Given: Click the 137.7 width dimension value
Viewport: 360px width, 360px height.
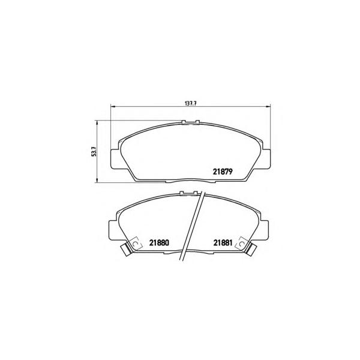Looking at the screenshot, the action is pos(191,103).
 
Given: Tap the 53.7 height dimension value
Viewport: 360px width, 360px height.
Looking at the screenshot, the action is pos(94,152).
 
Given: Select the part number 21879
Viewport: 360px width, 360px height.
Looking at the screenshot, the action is pos(223,172).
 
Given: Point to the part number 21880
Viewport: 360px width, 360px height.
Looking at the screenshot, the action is pos(159,242).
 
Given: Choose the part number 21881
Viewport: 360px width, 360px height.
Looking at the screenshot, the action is pos(223,242).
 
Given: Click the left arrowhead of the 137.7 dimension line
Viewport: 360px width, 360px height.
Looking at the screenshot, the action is pos(113,106).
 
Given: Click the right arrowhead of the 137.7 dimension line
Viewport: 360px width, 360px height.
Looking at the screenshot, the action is pos(269,106).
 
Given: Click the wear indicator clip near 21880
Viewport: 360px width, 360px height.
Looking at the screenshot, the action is pos(126,249).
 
